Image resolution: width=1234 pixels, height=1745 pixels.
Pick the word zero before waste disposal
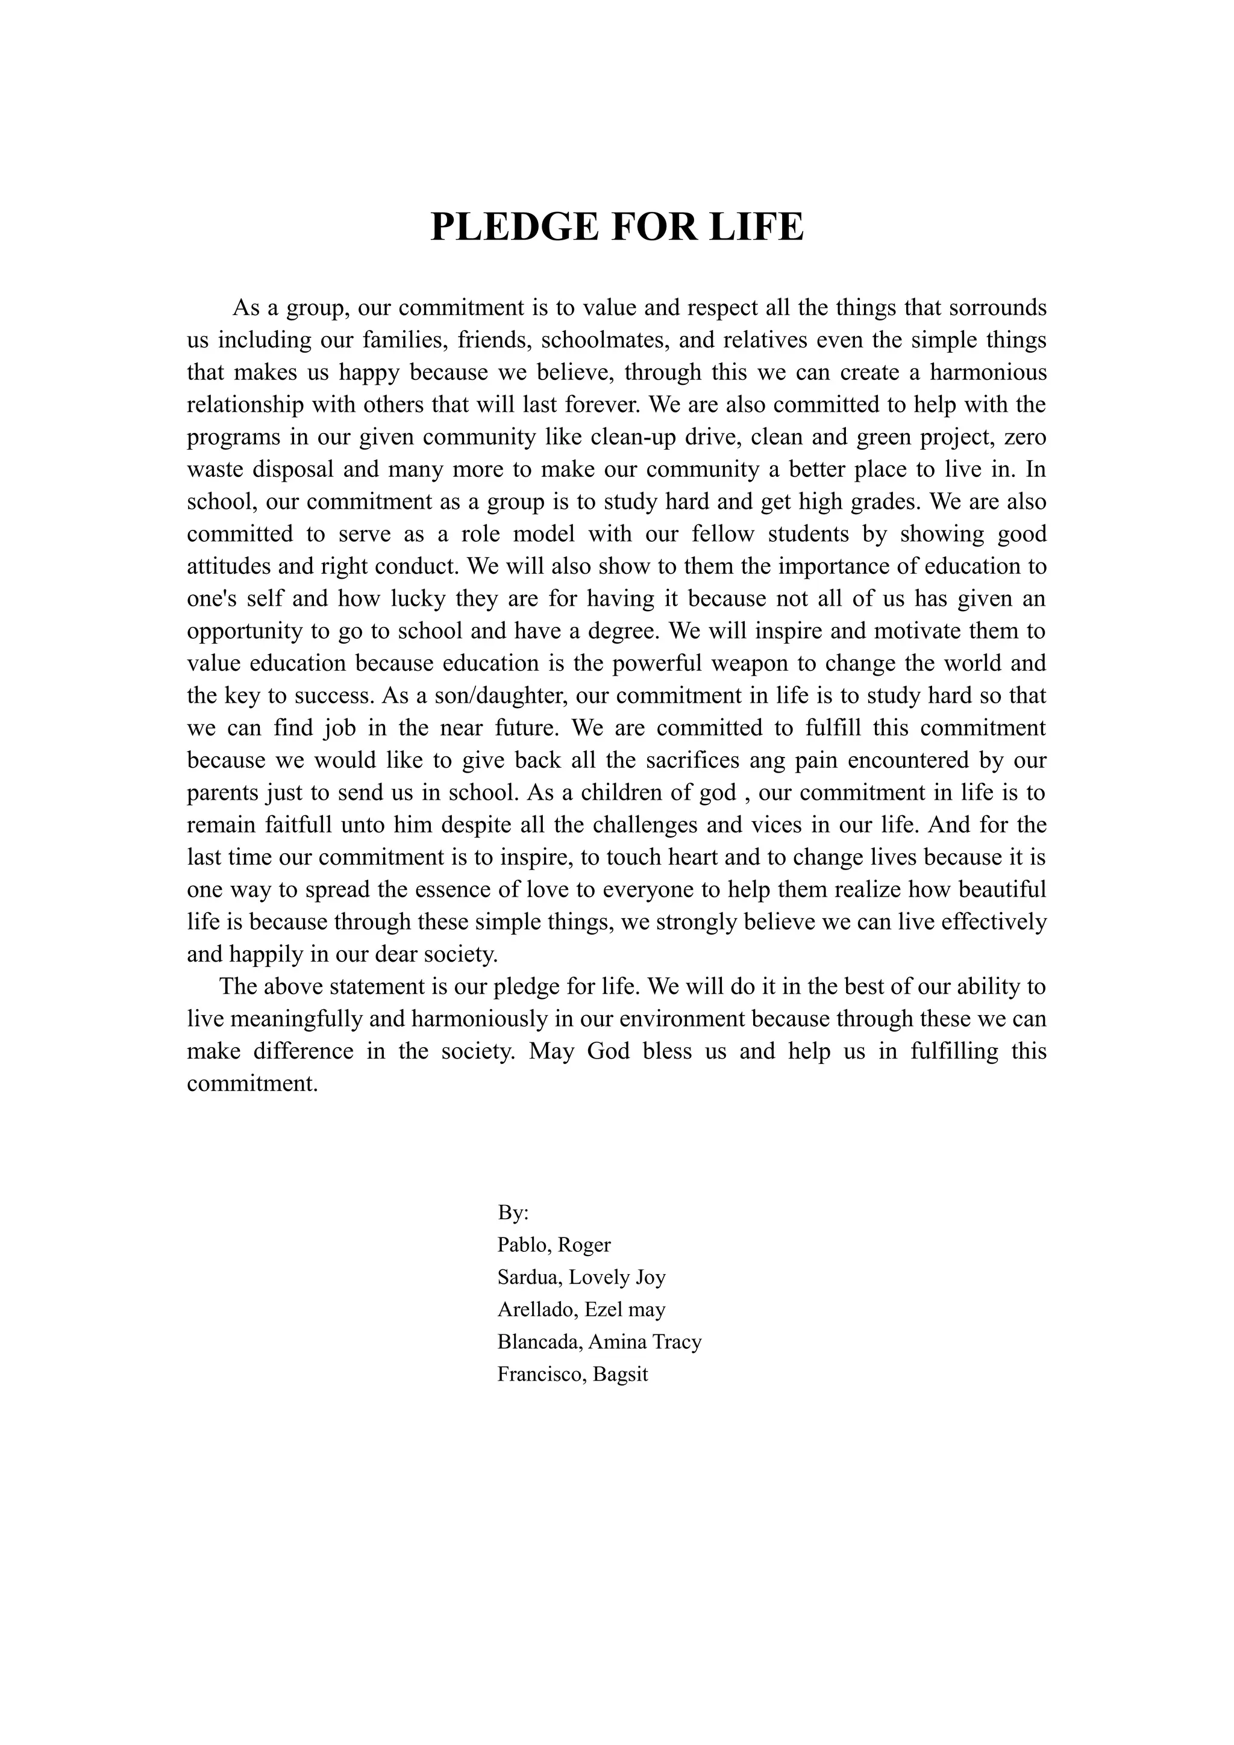pyautogui.click(x=1025, y=438)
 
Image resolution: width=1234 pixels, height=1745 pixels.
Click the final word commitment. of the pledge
pyautogui.click(x=252, y=1084)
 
